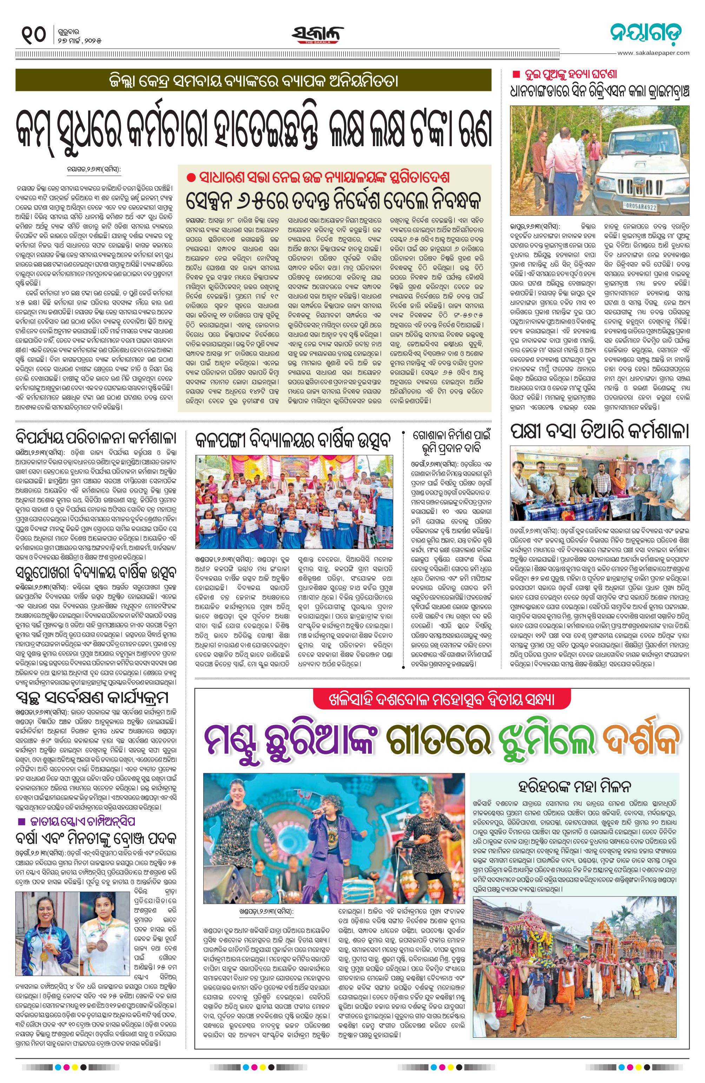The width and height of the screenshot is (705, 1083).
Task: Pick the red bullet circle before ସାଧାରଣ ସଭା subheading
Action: (191, 177)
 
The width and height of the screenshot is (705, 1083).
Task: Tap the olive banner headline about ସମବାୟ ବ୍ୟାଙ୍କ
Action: (253, 81)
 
